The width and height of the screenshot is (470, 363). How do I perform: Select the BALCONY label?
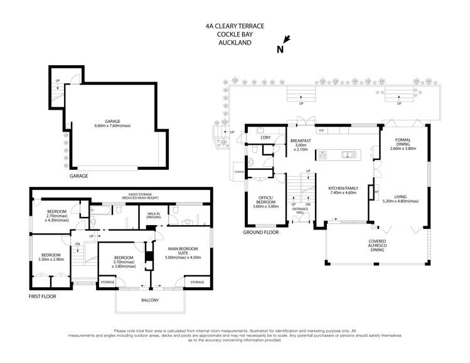(149, 300)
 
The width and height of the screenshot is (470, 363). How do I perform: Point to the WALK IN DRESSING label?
(154, 217)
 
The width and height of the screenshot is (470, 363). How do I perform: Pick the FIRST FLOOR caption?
(43, 295)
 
